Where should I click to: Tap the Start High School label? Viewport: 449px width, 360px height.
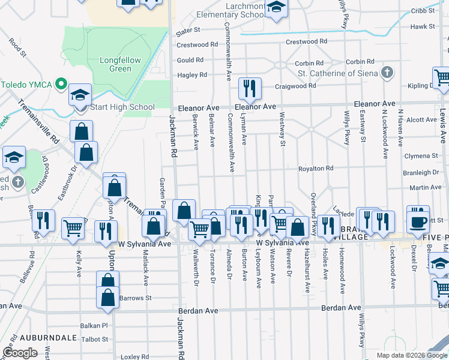coord(122,107)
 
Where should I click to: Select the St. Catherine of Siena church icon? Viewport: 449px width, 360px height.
coord(388,73)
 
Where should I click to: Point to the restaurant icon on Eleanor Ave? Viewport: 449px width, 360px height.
coord(249,89)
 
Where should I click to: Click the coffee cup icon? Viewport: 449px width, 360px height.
coord(418,221)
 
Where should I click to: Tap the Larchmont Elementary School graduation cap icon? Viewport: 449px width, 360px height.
coord(276,8)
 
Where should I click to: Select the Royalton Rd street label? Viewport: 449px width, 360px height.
coord(316,169)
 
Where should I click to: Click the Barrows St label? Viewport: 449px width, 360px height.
coord(135,298)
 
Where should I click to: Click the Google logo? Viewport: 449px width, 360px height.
coord(20,353)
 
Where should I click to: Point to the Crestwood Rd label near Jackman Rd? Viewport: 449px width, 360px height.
coord(197,44)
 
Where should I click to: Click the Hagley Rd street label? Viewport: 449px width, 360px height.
coord(191,75)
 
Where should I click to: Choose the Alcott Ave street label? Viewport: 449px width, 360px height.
coord(417,120)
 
